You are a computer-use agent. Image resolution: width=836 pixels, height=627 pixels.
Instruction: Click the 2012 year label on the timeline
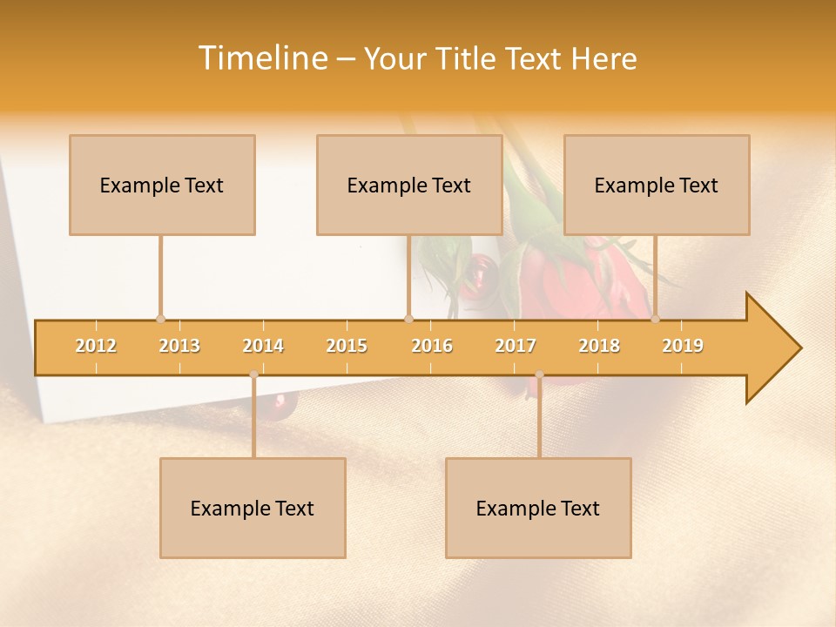coord(96,346)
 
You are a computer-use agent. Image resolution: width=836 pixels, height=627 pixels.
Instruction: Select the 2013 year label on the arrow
coord(179,346)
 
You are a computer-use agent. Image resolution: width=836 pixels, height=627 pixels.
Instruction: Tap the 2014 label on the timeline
coord(263,346)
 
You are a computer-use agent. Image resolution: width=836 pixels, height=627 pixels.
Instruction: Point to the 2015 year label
coord(347,346)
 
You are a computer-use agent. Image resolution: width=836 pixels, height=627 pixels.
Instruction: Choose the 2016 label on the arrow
coord(432,346)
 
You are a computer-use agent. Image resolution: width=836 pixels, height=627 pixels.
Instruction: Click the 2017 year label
coord(516,346)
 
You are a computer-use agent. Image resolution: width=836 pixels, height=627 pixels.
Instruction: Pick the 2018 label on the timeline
coord(599,346)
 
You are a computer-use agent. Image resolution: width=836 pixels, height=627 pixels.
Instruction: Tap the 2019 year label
coord(683,346)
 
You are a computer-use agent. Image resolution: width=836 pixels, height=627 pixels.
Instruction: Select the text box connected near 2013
coord(162,185)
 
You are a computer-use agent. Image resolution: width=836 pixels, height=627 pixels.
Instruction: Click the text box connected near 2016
coord(409,185)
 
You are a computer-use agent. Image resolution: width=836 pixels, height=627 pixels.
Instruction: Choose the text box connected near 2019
coord(657,185)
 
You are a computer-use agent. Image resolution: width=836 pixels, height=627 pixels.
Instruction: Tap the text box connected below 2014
coord(253,508)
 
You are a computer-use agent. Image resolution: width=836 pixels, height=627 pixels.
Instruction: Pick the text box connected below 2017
coord(538,508)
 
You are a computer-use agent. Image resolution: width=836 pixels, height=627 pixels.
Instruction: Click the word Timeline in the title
coord(261,58)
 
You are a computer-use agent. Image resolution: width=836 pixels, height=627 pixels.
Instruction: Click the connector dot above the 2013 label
coord(160,319)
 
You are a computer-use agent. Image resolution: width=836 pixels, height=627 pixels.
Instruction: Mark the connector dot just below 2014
coord(253,374)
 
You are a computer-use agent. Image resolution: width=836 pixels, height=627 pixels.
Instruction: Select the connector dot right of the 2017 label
coord(539,374)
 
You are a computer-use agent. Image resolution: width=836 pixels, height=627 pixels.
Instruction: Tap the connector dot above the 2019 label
coord(655,319)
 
